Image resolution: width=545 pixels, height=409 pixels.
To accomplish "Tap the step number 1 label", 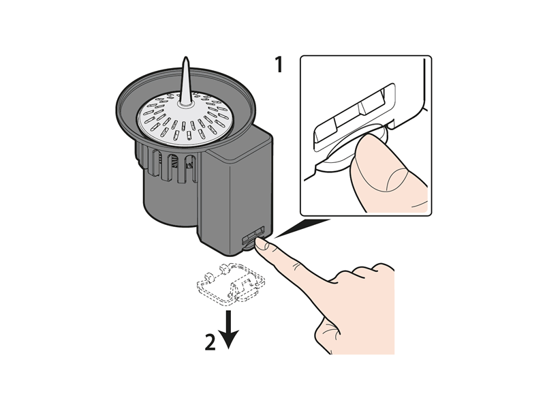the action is click(279, 65).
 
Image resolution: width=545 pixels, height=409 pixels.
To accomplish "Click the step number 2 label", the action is click(211, 342).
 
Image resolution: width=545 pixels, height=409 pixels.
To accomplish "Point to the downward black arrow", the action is click(229, 329).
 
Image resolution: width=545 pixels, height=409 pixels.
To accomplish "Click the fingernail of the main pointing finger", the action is click(262, 245).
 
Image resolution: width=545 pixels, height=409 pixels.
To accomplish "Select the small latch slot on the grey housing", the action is click(253, 235).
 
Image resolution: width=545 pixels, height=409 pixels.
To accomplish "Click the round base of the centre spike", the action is click(185, 103).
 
